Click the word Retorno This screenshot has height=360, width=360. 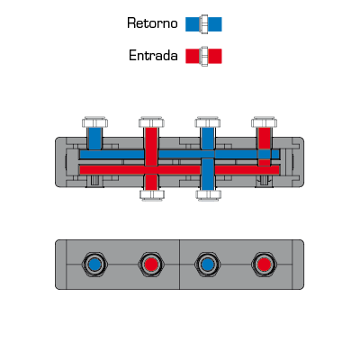click(152, 23)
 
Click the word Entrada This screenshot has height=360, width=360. click(153, 56)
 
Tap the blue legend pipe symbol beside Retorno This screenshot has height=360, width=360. click(203, 24)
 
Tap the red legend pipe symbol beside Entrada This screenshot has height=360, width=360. click(203, 56)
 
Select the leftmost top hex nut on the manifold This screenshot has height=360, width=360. click(94, 122)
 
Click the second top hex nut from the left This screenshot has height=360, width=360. click(151, 122)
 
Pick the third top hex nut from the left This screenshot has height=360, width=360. click(208, 122)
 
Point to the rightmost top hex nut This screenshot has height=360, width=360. click(264, 122)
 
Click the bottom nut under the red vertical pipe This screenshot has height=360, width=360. click(152, 194)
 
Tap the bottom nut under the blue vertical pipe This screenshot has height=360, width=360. click(209, 194)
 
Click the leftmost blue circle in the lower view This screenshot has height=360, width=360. click(94, 265)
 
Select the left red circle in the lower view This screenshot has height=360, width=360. click(151, 265)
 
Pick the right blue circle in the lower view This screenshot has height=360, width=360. click(208, 265)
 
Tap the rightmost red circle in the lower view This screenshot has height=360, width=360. click(264, 265)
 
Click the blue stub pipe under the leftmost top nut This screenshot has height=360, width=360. click(94, 139)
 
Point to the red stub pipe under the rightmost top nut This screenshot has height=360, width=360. click(265, 139)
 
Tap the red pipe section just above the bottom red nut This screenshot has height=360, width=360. click(151, 182)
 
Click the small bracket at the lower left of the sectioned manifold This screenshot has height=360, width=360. click(95, 181)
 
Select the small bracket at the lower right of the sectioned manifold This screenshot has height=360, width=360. click(264, 181)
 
